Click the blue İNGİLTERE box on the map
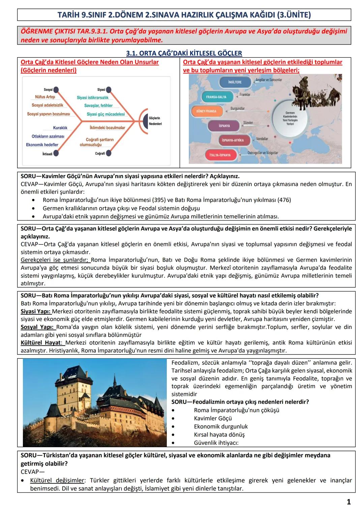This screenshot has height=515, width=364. pos(235,82)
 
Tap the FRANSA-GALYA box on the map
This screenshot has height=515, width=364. pos(216,97)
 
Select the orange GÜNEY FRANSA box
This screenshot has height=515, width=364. pos(207,111)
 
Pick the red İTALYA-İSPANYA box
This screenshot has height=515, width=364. pos(220,155)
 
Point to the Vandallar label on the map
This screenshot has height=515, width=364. pos(262,139)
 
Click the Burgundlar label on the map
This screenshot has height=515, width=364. pos(238,109)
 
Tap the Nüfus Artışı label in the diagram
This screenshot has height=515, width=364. pos(45,97)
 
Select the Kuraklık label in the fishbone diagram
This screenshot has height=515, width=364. pos(60,128)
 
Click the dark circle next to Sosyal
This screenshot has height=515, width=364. pos(56,90)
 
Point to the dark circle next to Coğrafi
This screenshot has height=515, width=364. pos(109,153)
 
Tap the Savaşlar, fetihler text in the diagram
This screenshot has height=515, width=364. pos(98,106)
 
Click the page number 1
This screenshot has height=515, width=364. pos(349,502)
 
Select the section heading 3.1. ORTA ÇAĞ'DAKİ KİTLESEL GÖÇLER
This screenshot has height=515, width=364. pos(184,53)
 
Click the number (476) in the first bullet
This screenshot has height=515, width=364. pos(284,200)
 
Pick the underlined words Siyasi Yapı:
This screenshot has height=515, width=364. pos(36,311)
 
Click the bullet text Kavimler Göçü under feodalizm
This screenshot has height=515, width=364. pos(213,419)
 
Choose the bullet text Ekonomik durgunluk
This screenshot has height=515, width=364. pos(221,427)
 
